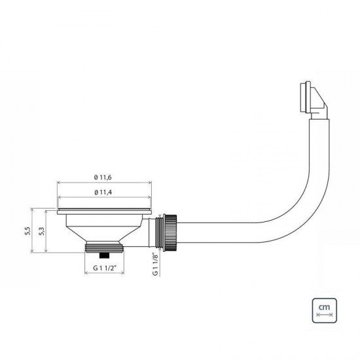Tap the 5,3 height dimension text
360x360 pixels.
coord(43,231)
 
